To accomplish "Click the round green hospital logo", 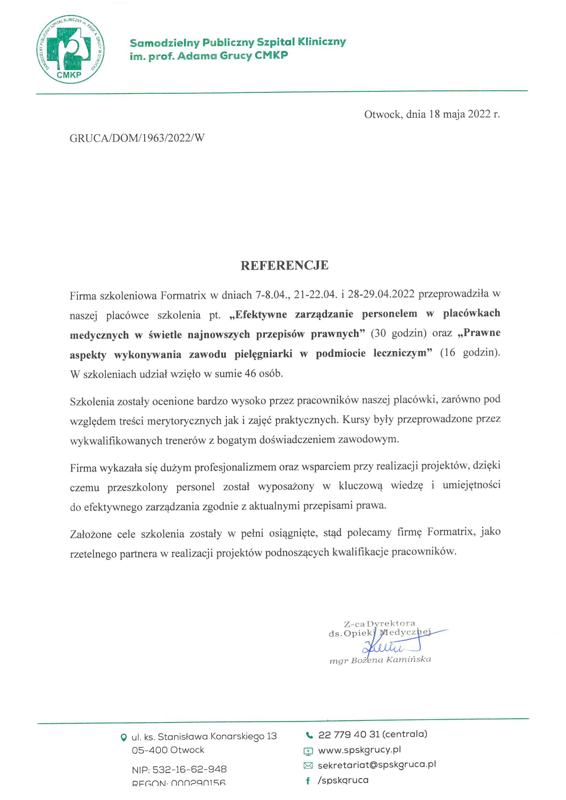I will click(x=71, y=49).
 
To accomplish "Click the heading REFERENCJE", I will click(x=285, y=266).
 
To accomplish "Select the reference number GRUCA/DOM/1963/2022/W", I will click(x=137, y=138).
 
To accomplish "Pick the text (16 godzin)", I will click(x=470, y=353).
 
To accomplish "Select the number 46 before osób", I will click(x=250, y=373).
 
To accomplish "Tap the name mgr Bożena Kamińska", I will click(x=380, y=660).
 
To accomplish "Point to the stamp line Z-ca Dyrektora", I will click(x=379, y=624).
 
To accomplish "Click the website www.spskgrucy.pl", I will click(x=359, y=749).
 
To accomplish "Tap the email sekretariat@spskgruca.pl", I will click(x=377, y=764).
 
